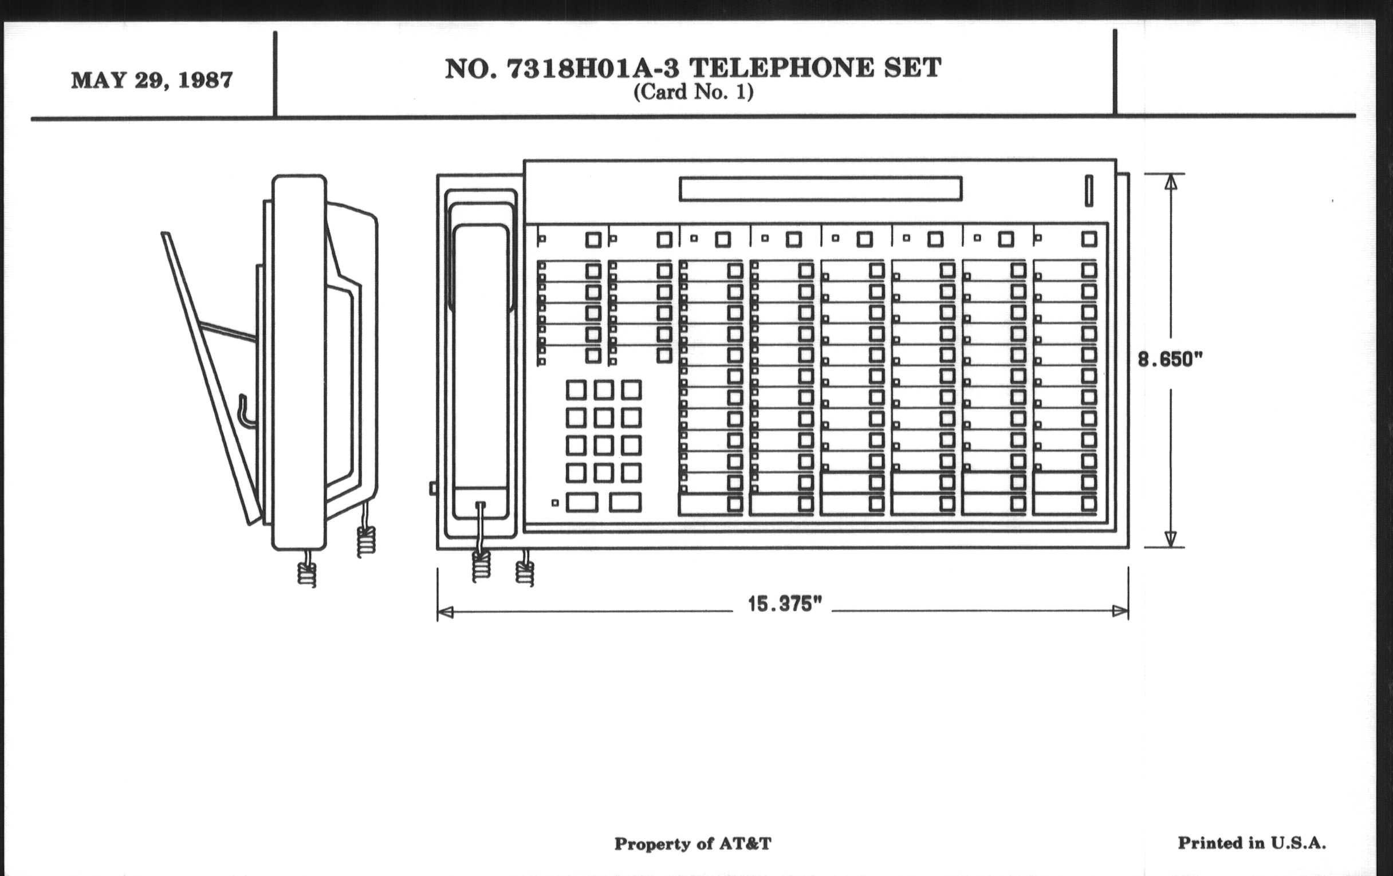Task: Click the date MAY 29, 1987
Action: pyautogui.click(x=152, y=80)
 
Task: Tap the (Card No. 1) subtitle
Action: pyautogui.click(x=693, y=92)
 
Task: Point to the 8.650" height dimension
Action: pyautogui.click(x=1170, y=360)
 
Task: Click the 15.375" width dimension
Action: pyautogui.click(x=785, y=604)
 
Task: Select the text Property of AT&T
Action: pyautogui.click(x=692, y=843)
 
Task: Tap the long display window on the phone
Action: pyautogui.click(x=820, y=189)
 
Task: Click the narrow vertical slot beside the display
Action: pyautogui.click(x=1088, y=190)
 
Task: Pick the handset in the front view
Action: pyautogui.click(x=480, y=370)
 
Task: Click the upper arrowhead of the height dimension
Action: pyautogui.click(x=1170, y=181)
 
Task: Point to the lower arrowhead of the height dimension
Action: pyautogui.click(x=1170, y=539)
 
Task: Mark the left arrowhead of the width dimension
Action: pyautogui.click(x=446, y=611)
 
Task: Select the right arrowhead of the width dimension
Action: pyautogui.click(x=1120, y=611)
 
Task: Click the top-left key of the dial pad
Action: pyautogui.click(x=576, y=390)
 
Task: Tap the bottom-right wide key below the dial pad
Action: pyautogui.click(x=625, y=502)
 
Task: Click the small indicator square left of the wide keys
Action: pyautogui.click(x=555, y=503)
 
